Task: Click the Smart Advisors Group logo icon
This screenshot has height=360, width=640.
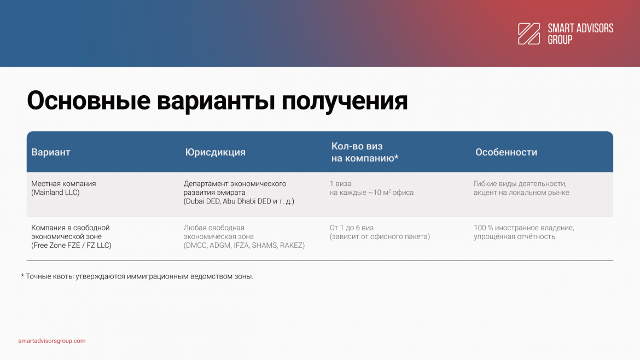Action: pos(529,33)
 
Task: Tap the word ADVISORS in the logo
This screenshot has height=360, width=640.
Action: pos(592,28)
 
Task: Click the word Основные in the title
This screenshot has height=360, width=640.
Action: pos(89,101)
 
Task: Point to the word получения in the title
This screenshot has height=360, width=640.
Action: pos(345,101)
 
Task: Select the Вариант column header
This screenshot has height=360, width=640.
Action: pos(51,152)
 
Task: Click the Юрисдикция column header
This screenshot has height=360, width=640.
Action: pos(215,152)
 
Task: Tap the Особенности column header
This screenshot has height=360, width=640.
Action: pos(506,152)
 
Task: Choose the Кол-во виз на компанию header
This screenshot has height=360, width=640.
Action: pos(364,152)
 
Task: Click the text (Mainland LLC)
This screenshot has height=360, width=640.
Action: pos(55,193)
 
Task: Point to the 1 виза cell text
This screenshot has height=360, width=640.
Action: pos(340,184)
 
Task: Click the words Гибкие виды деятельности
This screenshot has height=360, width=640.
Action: pos(520,184)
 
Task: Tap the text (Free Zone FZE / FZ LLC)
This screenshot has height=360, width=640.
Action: pos(72,245)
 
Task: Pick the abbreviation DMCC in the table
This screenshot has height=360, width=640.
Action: pos(196,245)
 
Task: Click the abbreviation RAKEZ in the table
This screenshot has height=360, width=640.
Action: pos(291,245)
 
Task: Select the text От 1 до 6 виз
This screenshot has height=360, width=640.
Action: pos(351,228)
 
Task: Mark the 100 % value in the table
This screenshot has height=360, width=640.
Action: pos(483,228)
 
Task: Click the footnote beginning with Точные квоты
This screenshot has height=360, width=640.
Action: pos(137,276)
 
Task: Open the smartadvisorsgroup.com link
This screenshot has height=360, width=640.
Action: pos(52,341)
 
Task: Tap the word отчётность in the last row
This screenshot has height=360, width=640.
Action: pos(535,237)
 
